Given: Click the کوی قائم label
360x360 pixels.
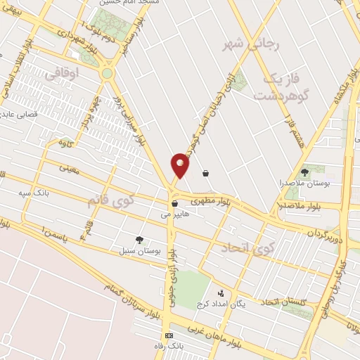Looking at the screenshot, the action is click(x=110, y=201).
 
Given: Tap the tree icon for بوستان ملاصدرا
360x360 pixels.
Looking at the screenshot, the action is click(x=304, y=172).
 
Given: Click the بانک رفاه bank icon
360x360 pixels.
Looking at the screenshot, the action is click(x=168, y=335).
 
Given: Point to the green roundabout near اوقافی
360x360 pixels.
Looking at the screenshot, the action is click(x=107, y=72).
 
